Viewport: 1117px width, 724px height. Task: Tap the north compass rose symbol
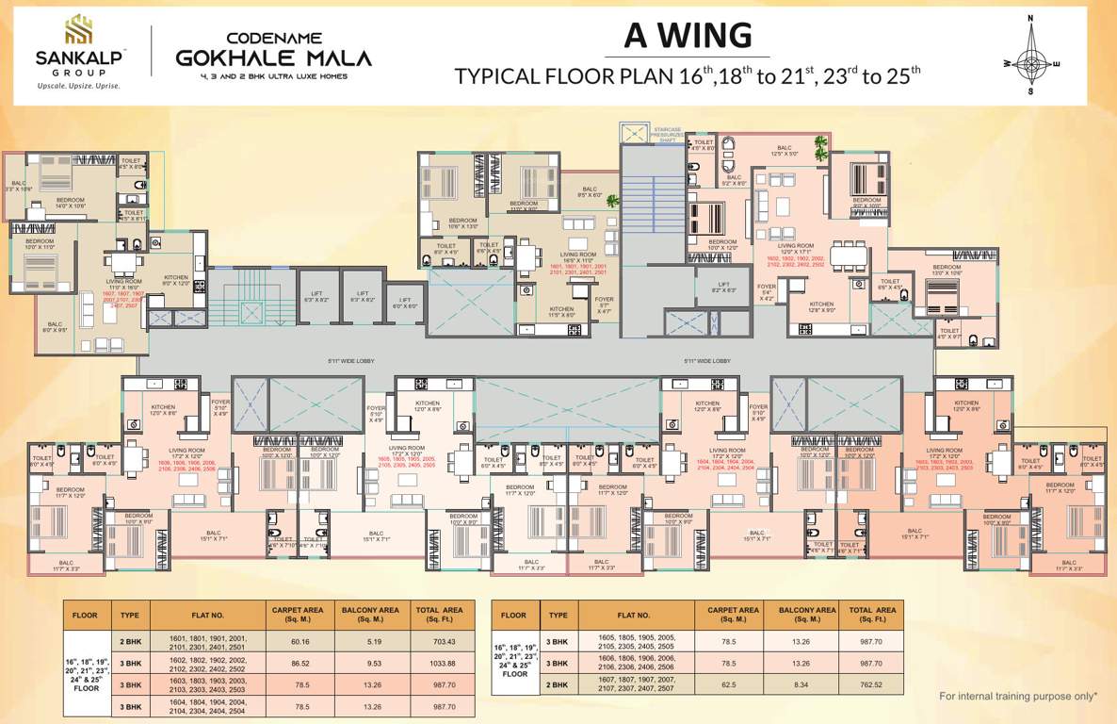[1030, 57]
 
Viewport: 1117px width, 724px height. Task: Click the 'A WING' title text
[688, 35]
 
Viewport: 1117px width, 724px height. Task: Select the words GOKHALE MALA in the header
[273, 58]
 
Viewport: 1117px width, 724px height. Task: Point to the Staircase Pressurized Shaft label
[666, 134]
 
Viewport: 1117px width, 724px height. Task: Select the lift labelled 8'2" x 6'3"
[723, 288]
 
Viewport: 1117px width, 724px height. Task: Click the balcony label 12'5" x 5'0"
[784, 149]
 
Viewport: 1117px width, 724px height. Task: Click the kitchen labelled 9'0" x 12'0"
[176, 280]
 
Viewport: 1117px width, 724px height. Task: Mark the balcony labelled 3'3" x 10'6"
[18, 186]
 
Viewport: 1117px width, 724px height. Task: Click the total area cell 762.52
[871, 684]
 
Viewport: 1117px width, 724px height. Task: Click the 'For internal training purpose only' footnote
[1018, 696]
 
